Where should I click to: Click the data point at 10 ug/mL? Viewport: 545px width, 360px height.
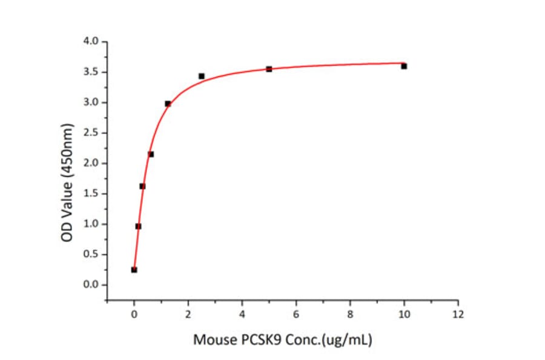[404, 66]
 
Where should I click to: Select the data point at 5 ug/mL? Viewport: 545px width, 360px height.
[269, 69]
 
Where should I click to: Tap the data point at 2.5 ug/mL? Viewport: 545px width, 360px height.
[202, 76]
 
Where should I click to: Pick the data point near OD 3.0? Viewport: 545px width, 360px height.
[168, 104]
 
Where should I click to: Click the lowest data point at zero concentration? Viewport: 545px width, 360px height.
[134, 270]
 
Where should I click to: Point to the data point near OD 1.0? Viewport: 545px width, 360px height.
[138, 226]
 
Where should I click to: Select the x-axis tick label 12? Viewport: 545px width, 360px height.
[458, 314]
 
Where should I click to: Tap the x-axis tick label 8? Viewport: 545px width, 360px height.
[350, 314]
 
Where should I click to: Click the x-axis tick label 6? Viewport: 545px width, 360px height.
[296, 314]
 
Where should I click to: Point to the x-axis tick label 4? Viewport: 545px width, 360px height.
[242, 314]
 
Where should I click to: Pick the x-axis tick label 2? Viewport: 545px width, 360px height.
[188, 314]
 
